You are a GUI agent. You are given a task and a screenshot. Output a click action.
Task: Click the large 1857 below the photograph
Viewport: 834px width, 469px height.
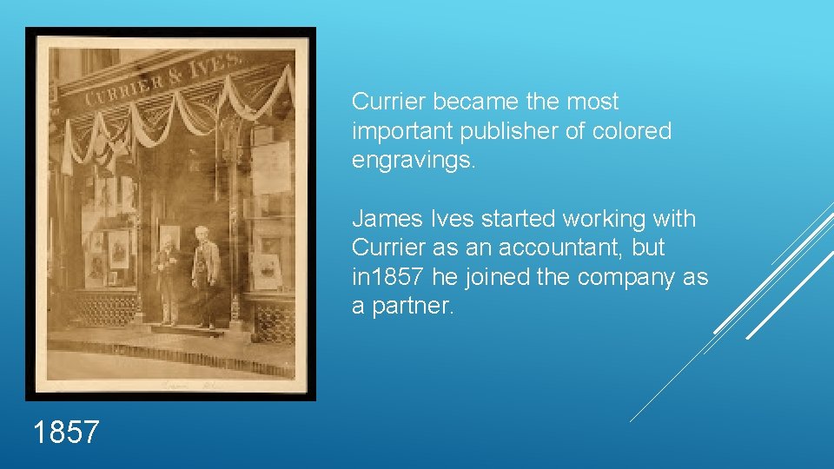[66, 432]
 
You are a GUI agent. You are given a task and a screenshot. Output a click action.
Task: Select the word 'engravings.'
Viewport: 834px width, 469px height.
[414, 161]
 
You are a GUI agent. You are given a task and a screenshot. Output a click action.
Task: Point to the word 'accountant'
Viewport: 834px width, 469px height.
[559, 248]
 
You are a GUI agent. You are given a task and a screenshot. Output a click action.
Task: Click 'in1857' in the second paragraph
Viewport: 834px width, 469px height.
[387, 277]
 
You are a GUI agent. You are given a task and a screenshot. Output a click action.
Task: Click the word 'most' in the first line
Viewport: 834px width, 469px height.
[592, 102]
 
